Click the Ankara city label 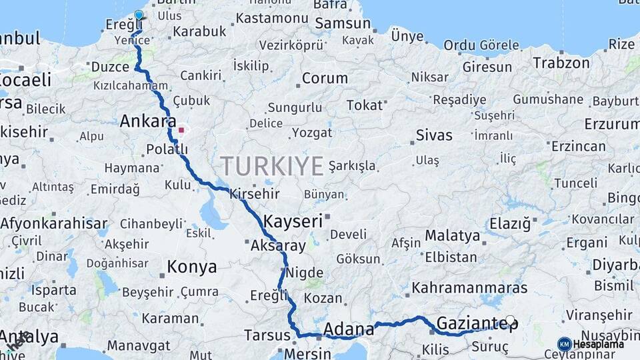[x=147, y=121]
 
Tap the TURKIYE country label [x=272, y=165]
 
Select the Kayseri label [x=293, y=221]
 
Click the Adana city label [x=348, y=329]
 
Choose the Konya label [x=191, y=267]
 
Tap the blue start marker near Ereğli [x=139, y=15]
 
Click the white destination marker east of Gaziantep [x=511, y=321]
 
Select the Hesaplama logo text [x=598, y=344]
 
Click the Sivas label [x=434, y=135]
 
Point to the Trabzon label [x=561, y=63]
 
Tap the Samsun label [x=342, y=23]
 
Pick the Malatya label [x=452, y=235]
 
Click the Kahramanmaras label [x=470, y=288]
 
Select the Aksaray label [x=278, y=245]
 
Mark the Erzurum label [x=611, y=124]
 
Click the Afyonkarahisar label [x=54, y=223]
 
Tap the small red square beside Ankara [x=181, y=130]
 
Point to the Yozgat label [x=312, y=132]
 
